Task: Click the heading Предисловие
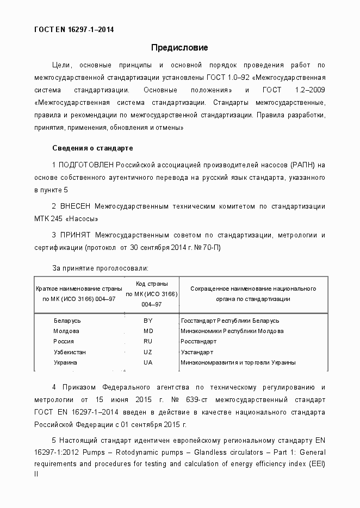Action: (x=179, y=48)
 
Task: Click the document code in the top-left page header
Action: (x=74, y=29)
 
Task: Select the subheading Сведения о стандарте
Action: (x=92, y=148)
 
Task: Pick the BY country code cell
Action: (x=148, y=321)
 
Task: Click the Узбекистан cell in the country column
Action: (x=70, y=352)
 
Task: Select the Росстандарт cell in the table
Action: (x=198, y=342)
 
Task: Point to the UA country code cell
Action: (x=148, y=362)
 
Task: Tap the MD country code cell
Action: (x=148, y=331)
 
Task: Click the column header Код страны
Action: (x=152, y=284)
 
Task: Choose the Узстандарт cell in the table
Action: (x=197, y=352)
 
